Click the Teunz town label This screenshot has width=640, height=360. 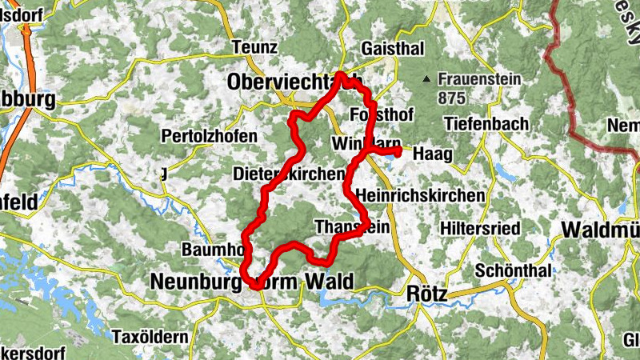coord(248,47)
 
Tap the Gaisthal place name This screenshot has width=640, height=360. coord(393,49)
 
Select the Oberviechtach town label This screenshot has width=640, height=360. coord(294,82)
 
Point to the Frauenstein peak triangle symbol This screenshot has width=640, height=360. coord(427,79)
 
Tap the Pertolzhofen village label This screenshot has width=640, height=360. coord(210,137)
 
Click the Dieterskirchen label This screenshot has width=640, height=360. coord(289,174)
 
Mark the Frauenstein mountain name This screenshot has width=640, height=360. coord(479,80)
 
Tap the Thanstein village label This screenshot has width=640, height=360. coord(353,226)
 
